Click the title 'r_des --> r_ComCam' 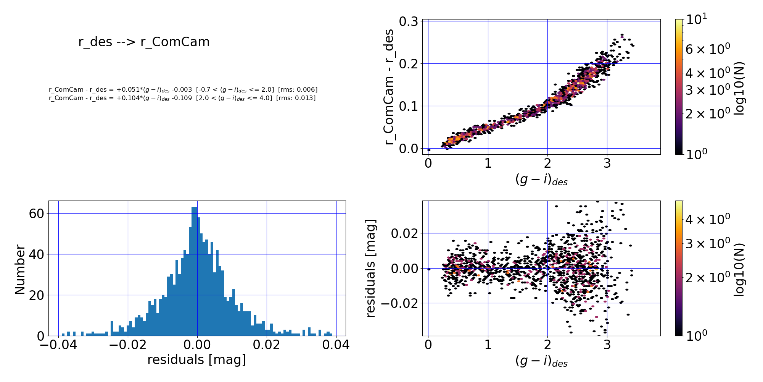point(144,42)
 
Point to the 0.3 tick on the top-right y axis point(408,21)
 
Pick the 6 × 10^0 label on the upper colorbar point(708,49)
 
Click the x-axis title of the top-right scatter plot point(541,180)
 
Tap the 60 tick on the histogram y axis point(37,214)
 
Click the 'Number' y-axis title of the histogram point(20,270)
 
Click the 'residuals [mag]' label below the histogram point(196,360)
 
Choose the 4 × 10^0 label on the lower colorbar point(708,219)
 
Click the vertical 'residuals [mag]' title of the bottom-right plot point(370,268)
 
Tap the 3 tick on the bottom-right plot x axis point(607,345)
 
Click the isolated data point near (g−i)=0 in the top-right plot point(429,150)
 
